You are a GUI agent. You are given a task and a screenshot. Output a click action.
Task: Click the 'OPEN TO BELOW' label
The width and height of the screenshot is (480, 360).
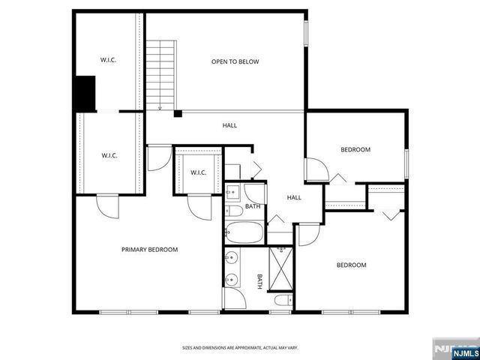(235, 61)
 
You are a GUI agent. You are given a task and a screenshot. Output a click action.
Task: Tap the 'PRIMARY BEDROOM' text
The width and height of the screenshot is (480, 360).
(150, 250)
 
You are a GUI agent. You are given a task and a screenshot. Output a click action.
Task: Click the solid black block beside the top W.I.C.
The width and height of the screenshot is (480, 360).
(83, 93)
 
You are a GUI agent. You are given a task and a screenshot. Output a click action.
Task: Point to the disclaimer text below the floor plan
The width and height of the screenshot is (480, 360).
(240, 347)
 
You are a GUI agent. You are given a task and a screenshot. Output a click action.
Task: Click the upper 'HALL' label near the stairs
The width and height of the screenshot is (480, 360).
(229, 125)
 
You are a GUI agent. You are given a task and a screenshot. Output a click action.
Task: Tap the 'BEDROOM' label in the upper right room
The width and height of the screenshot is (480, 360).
(355, 150)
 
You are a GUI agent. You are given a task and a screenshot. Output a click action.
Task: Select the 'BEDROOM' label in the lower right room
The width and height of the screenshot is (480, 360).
(350, 265)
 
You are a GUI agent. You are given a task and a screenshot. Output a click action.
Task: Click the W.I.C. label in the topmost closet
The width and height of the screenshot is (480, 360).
(109, 60)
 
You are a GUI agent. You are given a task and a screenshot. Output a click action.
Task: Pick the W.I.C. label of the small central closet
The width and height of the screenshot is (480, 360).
(198, 172)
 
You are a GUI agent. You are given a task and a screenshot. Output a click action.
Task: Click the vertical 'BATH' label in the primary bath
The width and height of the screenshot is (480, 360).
(260, 281)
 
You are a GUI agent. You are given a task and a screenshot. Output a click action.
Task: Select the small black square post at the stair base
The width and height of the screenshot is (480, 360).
(178, 114)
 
